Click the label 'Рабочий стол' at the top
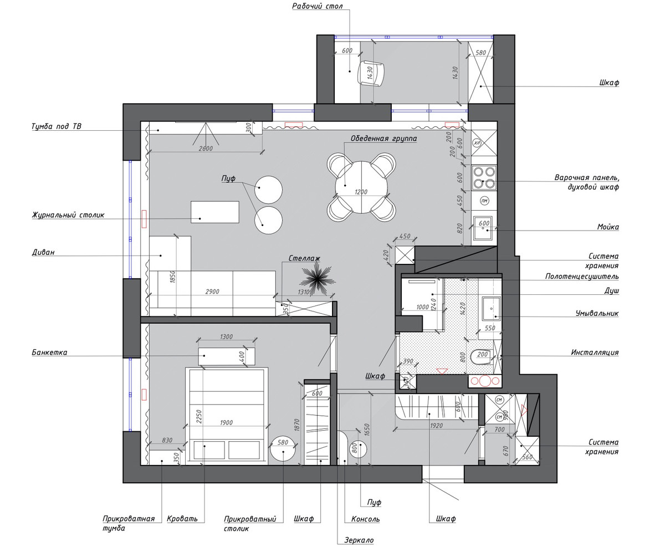(x=317, y=6)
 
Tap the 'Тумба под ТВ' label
(x=57, y=126)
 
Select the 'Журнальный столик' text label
(x=68, y=215)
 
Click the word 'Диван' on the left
(x=43, y=252)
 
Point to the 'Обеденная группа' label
(x=383, y=139)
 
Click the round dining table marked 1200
(x=361, y=187)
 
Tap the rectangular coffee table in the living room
(x=215, y=212)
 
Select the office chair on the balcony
(x=371, y=73)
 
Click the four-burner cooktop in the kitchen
(x=484, y=178)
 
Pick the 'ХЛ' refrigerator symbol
(x=477, y=143)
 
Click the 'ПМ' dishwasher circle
(x=484, y=201)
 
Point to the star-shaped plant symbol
(x=317, y=279)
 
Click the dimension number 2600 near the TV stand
(x=206, y=149)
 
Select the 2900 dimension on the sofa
(x=212, y=292)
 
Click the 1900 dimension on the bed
(x=226, y=423)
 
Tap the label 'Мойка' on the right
(x=608, y=227)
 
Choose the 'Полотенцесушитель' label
(x=582, y=277)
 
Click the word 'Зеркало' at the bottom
(x=359, y=540)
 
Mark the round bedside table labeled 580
(x=283, y=449)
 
